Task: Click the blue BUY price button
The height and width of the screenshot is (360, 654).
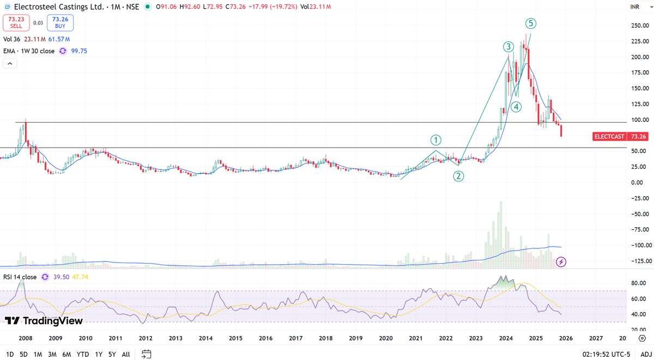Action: (60, 22)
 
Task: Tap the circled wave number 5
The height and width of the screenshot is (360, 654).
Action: (531, 23)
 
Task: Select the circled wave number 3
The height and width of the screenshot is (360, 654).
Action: (508, 47)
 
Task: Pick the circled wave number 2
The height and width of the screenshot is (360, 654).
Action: (459, 176)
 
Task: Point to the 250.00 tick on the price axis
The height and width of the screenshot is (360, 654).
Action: (638, 26)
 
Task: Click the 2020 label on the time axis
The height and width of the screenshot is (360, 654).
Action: (386, 338)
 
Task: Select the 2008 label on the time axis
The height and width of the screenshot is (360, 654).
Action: (25, 338)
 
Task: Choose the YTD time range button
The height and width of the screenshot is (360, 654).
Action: (83, 354)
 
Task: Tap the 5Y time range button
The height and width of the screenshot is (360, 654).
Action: (112, 354)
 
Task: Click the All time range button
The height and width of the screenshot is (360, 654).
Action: (126, 354)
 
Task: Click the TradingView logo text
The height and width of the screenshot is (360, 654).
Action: (44, 321)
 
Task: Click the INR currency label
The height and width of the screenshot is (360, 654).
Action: (635, 7)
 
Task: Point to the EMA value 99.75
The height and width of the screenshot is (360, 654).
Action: (79, 51)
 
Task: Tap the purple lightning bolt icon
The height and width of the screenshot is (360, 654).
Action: (561, 262)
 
